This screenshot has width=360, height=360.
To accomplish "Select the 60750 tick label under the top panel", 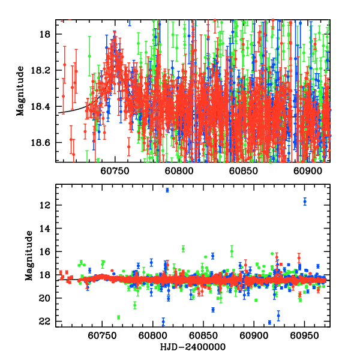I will point(114,170).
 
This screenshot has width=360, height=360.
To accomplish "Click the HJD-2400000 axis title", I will point(193,347).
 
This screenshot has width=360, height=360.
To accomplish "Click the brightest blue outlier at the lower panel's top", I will point(167,190).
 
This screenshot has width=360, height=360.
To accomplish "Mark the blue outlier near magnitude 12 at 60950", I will point(305,202).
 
